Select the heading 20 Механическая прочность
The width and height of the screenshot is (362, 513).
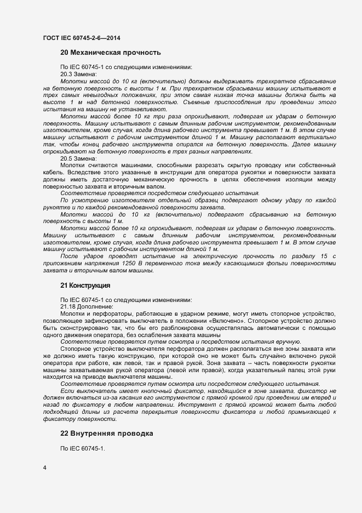click(110, 53)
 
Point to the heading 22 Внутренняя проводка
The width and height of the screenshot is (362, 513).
click(106, 434)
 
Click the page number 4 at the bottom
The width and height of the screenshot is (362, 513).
click(45, 467)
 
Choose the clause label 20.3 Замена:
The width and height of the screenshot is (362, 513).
click(79, 74)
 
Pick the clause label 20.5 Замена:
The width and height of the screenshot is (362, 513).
click(79, 158)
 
